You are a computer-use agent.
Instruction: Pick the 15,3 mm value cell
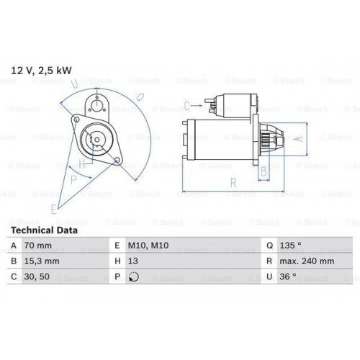[x=45, y=261]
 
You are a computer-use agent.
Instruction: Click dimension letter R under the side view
[x=233, y=184]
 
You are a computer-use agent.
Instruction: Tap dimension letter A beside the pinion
[x=300, y=136]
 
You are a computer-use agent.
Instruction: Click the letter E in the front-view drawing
[x=53, y=209]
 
